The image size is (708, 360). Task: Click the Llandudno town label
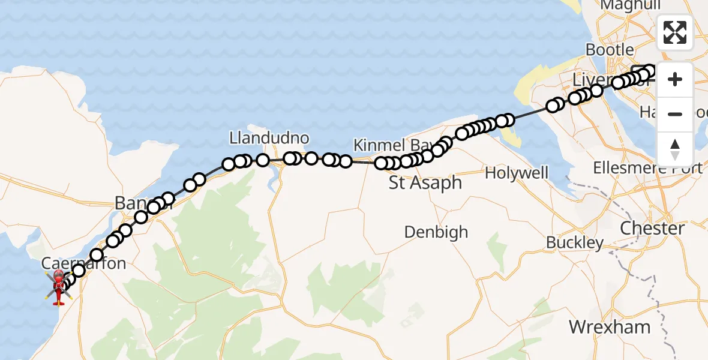(269, 139)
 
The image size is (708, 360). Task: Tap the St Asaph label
(425, 183)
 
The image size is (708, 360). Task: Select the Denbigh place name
(436, 232)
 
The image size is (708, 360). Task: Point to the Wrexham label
(610, 327)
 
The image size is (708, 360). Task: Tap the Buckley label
(575, 243)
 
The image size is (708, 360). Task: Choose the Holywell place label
(517, 173)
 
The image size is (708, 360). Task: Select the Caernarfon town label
(84, 263)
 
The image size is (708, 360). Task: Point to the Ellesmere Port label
(647, 168)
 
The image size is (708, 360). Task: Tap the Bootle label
(610, 50)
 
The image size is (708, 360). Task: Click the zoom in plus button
(675, 80)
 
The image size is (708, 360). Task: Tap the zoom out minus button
(675, 114)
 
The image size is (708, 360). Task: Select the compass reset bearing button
(675, 149)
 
